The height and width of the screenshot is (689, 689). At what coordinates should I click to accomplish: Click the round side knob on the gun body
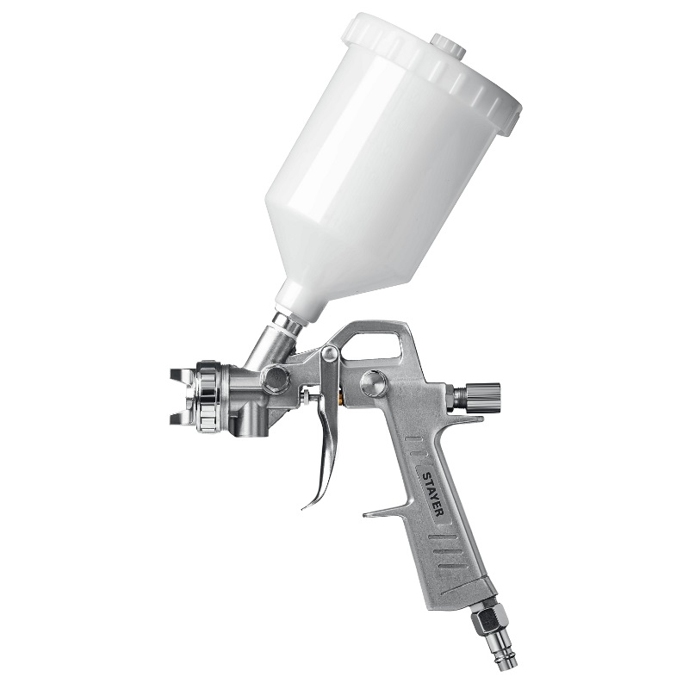[373, 383]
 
